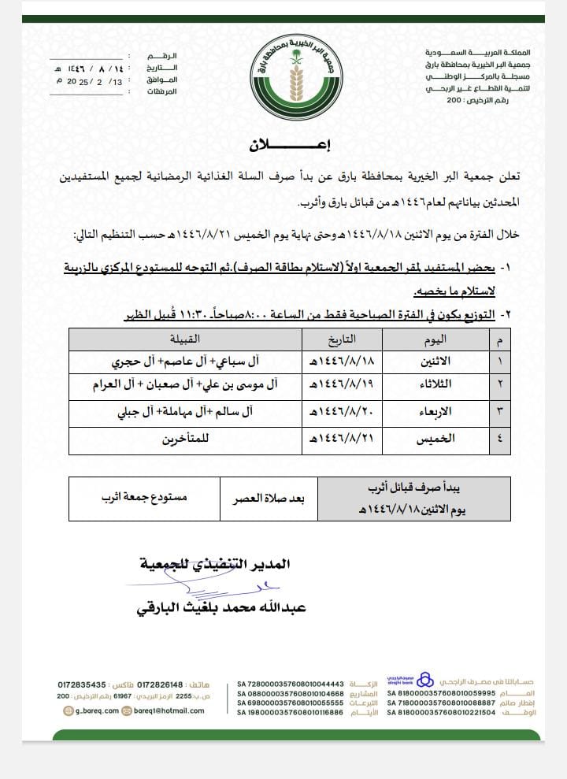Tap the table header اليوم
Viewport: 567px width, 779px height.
[x=435, y=339]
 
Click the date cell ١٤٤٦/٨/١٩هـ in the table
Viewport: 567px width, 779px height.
[x=329, y=387]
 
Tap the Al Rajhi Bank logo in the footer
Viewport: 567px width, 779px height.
[x=424, y=680]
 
